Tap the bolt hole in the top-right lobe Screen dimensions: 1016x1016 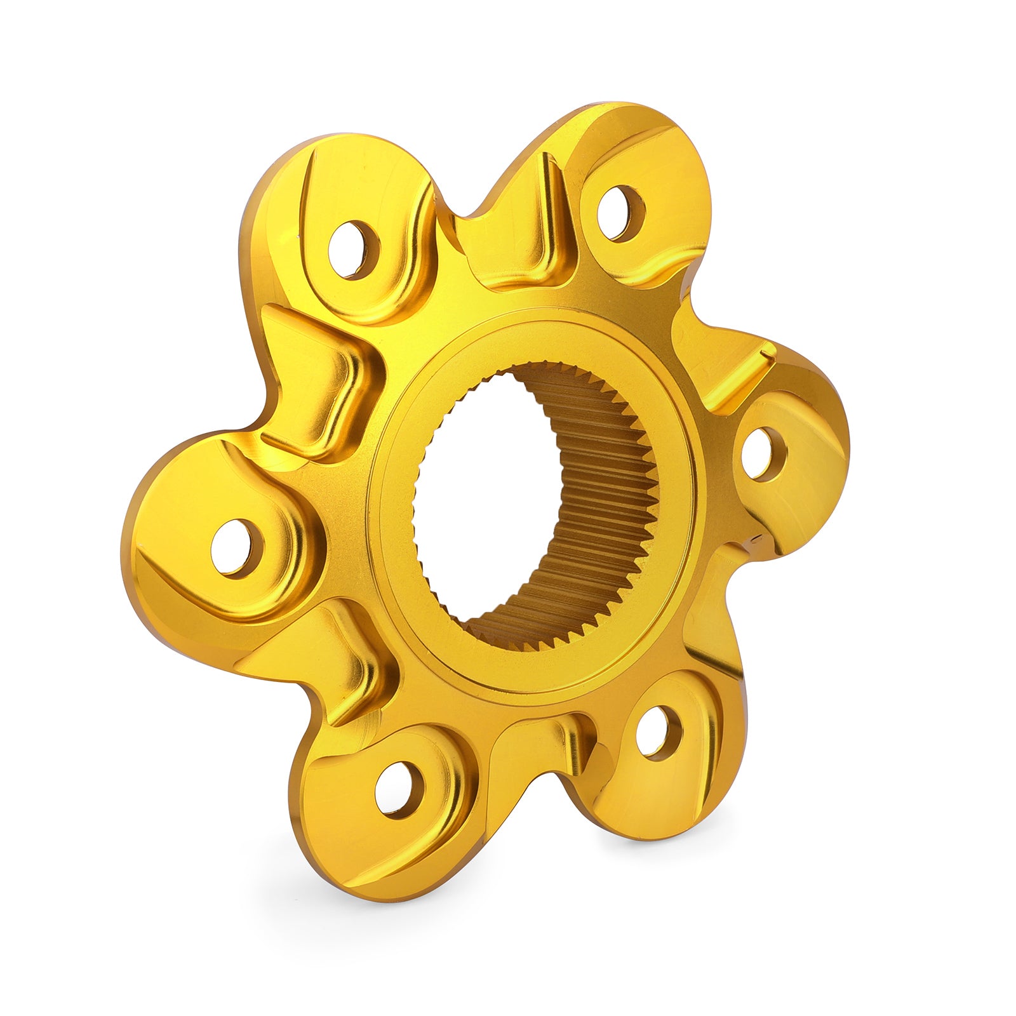coord(620,213)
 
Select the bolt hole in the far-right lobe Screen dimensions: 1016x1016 coord(764,453)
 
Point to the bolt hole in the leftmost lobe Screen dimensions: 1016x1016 coord(237,547)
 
